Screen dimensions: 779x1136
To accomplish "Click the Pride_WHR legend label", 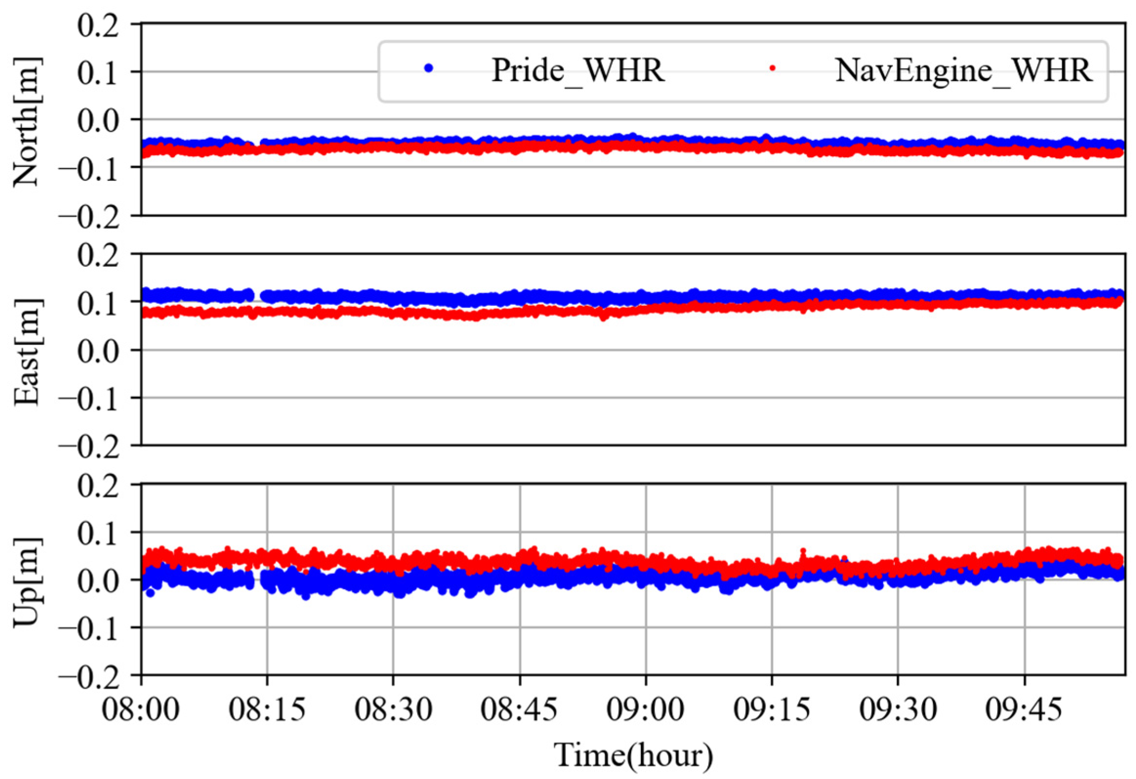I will [x=578, y=71].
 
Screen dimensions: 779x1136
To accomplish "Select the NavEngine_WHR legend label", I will [x=963, y=71].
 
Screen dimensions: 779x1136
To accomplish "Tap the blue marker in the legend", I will [x=429, y=68].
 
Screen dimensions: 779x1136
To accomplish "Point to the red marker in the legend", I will [x=772, y=68].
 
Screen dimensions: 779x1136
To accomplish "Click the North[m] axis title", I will [x=26, y=121].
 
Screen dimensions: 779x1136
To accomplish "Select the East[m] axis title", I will [x=26, y=351].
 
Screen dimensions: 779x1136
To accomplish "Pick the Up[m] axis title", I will [x=26, y=582].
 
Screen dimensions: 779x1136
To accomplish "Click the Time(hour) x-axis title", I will [x=634, y=755].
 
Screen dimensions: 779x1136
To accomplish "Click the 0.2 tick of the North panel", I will [x=98, y=24].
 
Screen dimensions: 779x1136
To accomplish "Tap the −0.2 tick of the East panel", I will [x=89, y=446].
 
